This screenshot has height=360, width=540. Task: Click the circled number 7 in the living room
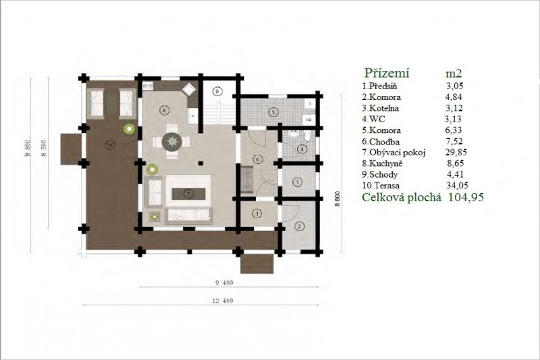[x=188, y=194]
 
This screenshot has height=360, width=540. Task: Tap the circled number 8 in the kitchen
[x=164, y=110]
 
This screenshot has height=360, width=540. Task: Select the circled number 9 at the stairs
[x=216, y=91]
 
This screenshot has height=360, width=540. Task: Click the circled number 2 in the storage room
[x=300, y=226]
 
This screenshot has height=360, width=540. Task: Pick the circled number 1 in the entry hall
[x=257, y=213]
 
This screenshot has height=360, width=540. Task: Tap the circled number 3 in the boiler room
[x=297, y=182]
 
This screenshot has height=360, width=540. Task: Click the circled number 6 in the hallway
[x=258, y=159]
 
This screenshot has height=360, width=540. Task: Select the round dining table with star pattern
[x=171, y=141]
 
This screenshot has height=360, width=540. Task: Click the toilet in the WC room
[x=308, y=136]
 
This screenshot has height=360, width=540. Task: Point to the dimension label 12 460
[x=223, y=301]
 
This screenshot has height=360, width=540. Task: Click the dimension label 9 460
[x=224, y=283]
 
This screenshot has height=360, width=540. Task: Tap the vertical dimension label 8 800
[x=337, y=199]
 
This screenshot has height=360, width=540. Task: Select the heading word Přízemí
[x=387, y=73]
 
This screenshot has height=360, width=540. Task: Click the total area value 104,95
[x=466, y=197]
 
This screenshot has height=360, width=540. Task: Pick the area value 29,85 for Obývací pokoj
[x=456, y=152]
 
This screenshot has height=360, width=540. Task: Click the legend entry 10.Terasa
[x=381, y=185]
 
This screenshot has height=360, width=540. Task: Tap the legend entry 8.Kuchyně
[x=382, y=163]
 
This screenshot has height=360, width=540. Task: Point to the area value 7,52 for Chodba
[x=454, y=141]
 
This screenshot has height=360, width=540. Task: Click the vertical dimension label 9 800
[x=28, y=147]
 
